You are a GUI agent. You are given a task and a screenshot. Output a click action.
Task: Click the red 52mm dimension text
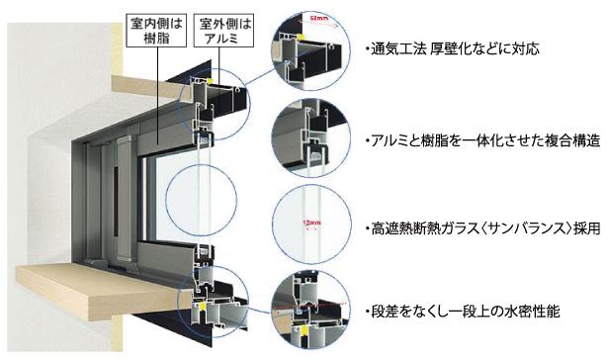(x=317, y=18)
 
